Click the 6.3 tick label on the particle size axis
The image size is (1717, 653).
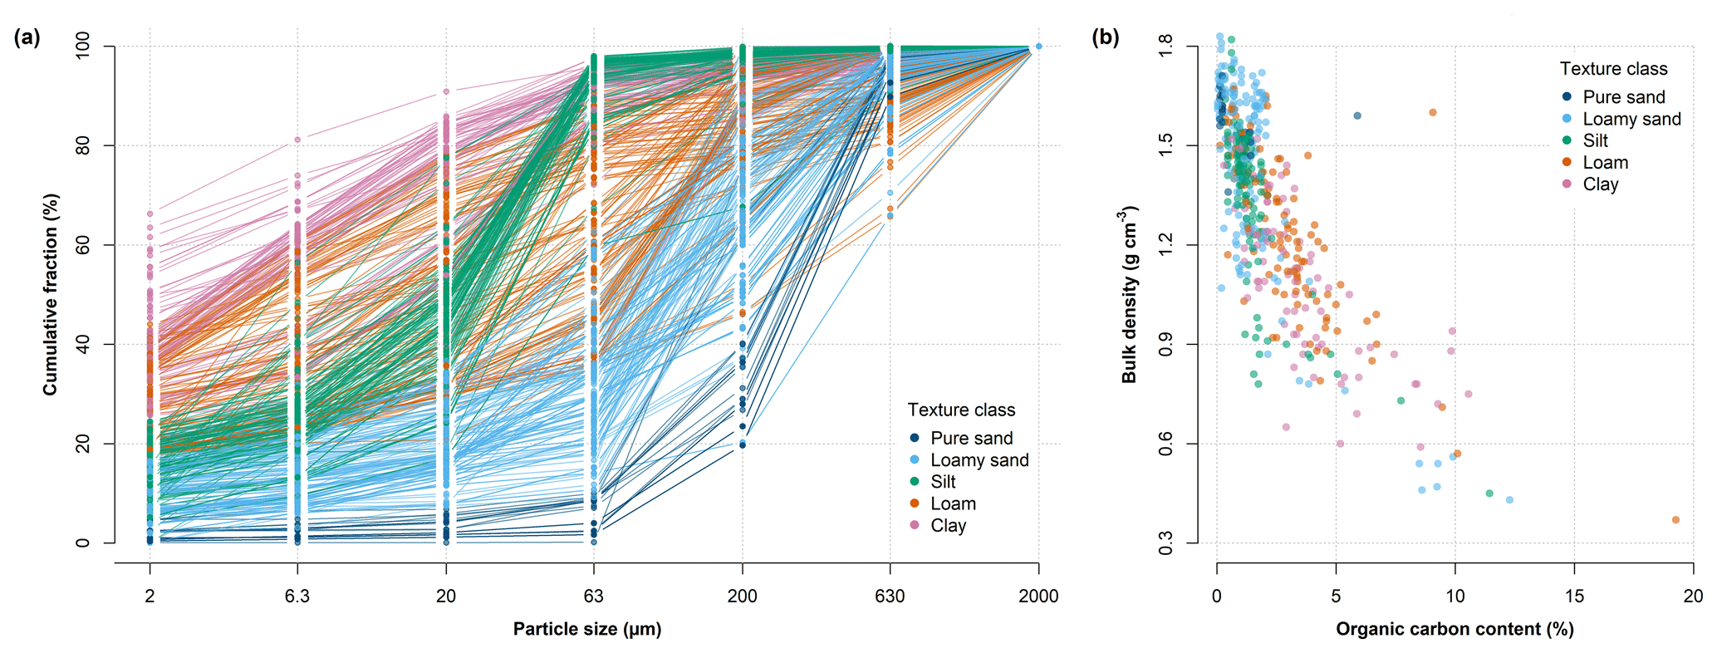click(297, 596)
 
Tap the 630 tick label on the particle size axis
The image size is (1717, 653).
click(890, 596)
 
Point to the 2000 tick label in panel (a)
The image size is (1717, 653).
click(1038, 596)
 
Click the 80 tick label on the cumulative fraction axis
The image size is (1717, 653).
click(83, 146)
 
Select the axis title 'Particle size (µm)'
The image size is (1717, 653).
click(587, 629)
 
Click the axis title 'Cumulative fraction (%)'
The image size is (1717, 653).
click(52, 295)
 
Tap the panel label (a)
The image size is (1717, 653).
click(26, 37)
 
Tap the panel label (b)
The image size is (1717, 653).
click(1105, 37)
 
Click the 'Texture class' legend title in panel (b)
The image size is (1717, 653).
click(1613, 69)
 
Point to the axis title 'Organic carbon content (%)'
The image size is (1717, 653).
click(1455, 629)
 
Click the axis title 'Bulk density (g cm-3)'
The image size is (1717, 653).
click(1129, 295)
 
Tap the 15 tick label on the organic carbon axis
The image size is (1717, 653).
click(1574, 596)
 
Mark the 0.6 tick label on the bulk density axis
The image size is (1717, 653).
click(1167, 444)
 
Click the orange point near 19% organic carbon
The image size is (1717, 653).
click(1675, 520)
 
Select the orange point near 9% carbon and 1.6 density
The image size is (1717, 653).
click(1433, 112)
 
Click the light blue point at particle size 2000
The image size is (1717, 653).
click(1038, 47)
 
